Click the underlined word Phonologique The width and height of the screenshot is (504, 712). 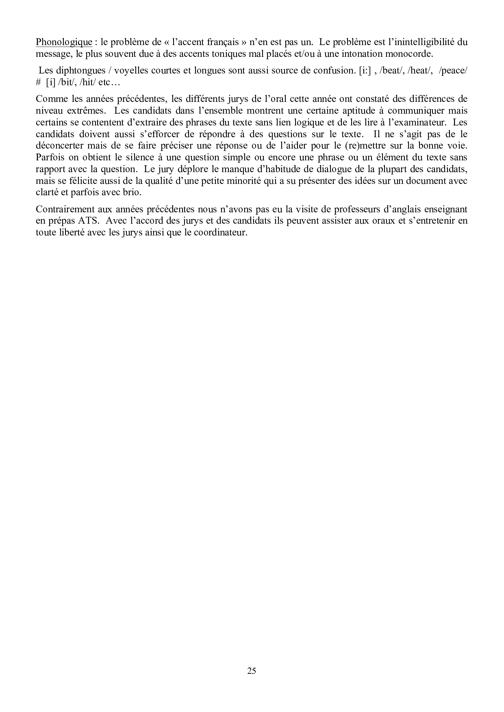[x=64, y=42]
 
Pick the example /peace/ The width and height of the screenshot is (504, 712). [x=453, y=70]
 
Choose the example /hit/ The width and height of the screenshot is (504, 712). [x=85, y=82]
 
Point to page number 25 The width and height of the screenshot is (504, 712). [x=252, y=671]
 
